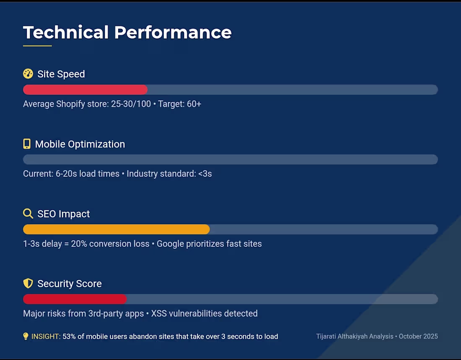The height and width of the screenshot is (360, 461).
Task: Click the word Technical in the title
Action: [66, 32]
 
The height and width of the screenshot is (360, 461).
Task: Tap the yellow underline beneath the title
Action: [37, 46]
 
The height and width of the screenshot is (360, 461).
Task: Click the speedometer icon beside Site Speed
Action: [28, 73]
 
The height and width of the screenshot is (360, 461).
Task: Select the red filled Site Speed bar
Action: [85, 90]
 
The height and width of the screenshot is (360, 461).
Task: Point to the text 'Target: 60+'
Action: [180, 104]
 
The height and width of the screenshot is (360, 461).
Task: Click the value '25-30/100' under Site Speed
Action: [131, 104]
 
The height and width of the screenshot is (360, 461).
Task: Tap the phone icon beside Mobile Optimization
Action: [27, 144]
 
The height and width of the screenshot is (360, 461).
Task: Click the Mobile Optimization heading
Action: [80, 144]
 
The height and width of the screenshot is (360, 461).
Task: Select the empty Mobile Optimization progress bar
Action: [230, 159]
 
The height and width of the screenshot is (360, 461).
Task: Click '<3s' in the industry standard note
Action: [205, 174]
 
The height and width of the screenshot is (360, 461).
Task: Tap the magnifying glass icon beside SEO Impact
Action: [28, 214]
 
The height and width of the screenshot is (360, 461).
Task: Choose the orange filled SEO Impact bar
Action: [117, 229]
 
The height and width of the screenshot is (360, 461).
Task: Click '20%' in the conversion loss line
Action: [79, 244]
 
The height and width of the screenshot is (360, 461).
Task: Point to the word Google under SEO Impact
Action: [170, 244]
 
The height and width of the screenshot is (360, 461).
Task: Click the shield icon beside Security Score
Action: [28, 283]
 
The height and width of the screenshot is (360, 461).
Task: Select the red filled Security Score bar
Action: [75, 299]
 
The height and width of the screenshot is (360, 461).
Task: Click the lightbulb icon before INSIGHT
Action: [26, 336]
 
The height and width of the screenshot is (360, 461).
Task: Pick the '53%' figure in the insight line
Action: [69, 337]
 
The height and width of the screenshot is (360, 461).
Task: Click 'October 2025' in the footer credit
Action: [418, 337]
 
